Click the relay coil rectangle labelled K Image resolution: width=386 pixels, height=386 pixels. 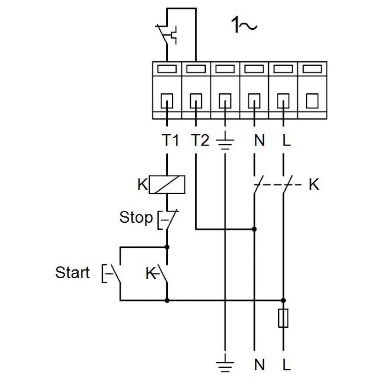point(167,185)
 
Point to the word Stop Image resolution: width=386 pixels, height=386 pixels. point(136,218)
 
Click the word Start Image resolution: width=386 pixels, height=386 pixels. point(73,273)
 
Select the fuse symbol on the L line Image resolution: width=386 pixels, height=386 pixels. point(283,318)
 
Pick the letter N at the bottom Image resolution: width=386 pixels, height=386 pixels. point(259,365)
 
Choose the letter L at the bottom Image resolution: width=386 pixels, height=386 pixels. point(286,365)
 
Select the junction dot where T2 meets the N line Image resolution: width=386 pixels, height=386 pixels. point(254,229)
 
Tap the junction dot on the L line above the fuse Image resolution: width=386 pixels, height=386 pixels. point(283,300)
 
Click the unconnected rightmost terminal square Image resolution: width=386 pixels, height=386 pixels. point(312,102)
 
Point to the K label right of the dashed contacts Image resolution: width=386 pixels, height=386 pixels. point(314,185)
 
